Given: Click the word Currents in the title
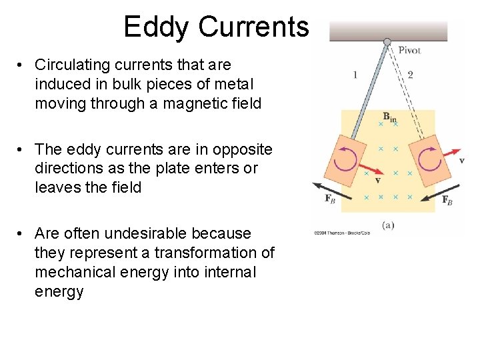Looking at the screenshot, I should [253, 27].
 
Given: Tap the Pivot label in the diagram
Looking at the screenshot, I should [409, 50].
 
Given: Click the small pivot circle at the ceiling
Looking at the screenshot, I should [387, 42].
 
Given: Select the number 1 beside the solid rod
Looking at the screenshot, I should [355, 74].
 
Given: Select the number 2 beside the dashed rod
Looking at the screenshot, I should [410, 74].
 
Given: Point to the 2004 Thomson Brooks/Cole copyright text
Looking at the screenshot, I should [341, 233].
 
